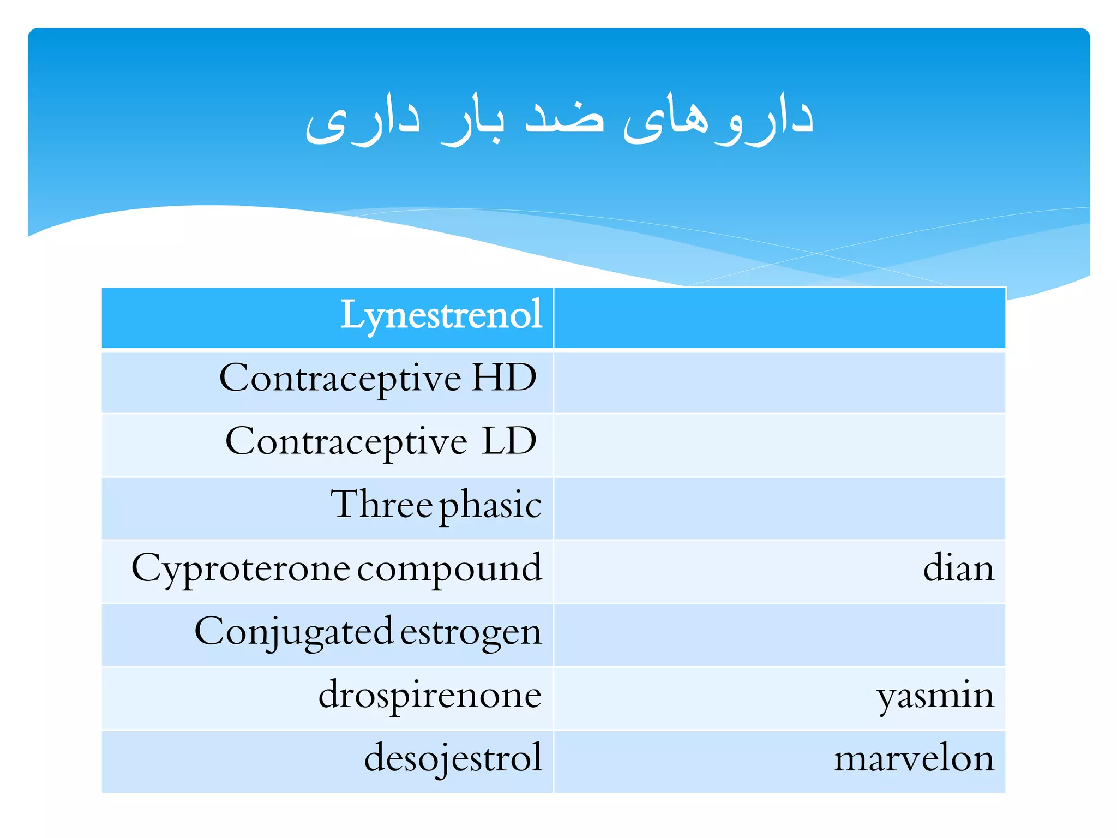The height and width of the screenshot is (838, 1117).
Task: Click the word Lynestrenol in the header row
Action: [x=441, y=315]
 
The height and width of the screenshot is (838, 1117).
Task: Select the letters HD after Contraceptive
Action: [x=504, y=378]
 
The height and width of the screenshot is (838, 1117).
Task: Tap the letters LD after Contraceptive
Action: [x=509, y=441]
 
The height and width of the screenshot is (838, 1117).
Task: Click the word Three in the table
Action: [x=382, y=504]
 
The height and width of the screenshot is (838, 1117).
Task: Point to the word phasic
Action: [x=490, y=506]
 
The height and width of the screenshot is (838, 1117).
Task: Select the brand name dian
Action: [x=958, y=568]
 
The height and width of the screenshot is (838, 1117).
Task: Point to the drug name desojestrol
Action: [x=453, y=759]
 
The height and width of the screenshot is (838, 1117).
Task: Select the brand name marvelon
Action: [x=914, y=759]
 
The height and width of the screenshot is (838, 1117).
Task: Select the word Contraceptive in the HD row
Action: [x=340, y=379]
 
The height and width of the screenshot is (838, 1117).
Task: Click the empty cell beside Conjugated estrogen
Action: [x=779, y=635]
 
